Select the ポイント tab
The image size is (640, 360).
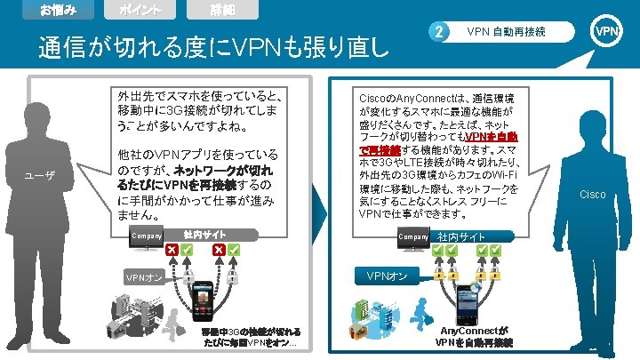point(140,10)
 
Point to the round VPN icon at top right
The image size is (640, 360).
point(607,32)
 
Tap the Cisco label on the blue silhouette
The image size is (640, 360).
point(593,194)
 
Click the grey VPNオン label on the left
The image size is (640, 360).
point(143,277)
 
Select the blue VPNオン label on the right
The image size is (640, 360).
point(388,276)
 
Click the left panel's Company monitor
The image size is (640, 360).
point(147,237)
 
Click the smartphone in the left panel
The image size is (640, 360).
point(205,301)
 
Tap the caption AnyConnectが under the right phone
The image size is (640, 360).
point(474,331)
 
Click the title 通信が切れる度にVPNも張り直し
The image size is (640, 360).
point(211,47)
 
